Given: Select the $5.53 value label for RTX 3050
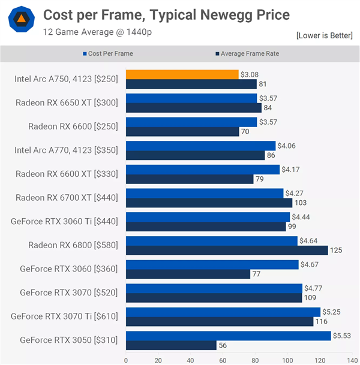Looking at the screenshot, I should click(343, 336).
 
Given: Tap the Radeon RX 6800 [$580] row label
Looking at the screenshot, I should click(73, 245).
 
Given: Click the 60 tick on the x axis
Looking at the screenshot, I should click(223, 361).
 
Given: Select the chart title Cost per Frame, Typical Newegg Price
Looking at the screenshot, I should click(166, 14).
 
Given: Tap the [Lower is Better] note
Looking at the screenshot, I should click(325, 35).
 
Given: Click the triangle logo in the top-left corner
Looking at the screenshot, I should click(21, 20).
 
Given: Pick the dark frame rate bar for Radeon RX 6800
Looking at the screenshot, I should click(227, 250).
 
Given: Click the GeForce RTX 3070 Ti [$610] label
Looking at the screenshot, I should click(65, 316).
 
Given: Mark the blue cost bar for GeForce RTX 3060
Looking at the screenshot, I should click(212, 264).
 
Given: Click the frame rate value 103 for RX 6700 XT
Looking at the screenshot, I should click(301, 203).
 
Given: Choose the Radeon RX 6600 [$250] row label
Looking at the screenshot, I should click(73, 126).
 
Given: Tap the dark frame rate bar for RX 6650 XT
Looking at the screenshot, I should click(194, 107).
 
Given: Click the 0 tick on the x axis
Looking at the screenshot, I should click(125, 361).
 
